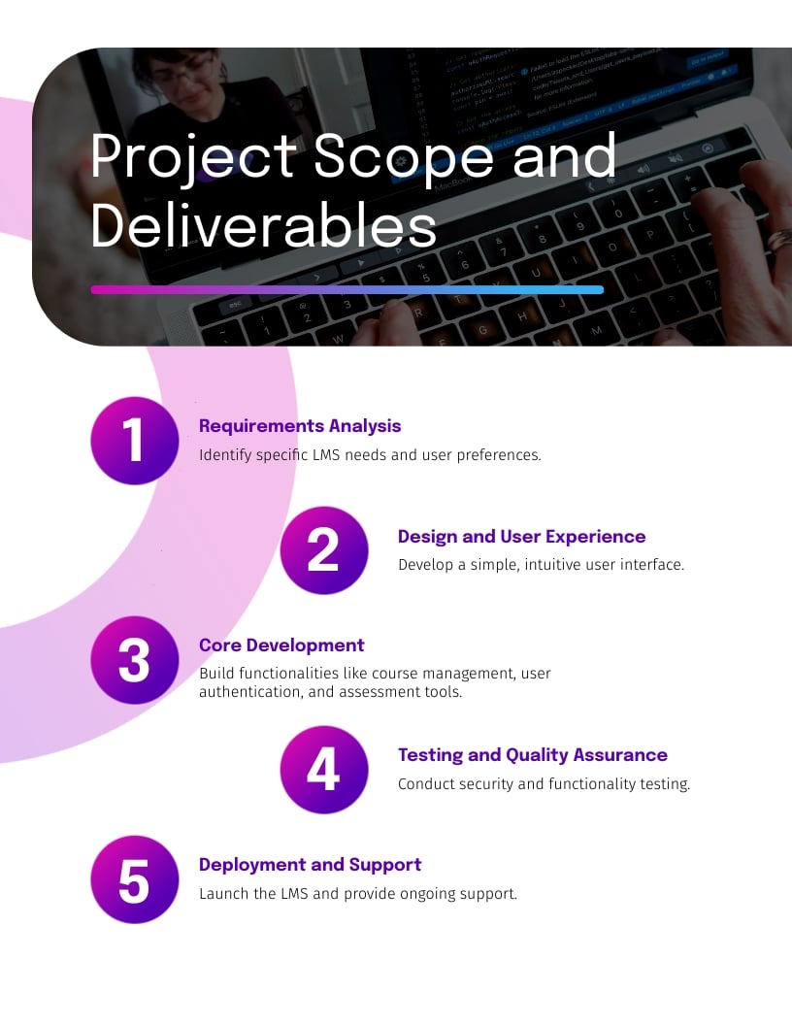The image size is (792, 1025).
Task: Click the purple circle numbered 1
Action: pos(134,441)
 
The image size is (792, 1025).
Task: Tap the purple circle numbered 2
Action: pos(323,550)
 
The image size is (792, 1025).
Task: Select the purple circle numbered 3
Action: pos(134,660)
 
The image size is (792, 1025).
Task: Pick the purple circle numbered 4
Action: pos(323,770)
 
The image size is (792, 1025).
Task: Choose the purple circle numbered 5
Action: pos(134,879)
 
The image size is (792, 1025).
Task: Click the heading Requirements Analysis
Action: pos(300,426)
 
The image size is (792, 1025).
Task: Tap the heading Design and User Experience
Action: pos(521,537)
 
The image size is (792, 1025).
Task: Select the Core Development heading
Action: pos(281,645)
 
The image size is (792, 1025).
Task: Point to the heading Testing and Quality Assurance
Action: pos(533,755)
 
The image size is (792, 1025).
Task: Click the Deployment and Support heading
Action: pos(310,865)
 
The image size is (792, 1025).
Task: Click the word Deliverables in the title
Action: pos(263,227)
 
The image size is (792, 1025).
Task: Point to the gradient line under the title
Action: pos(346,289)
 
